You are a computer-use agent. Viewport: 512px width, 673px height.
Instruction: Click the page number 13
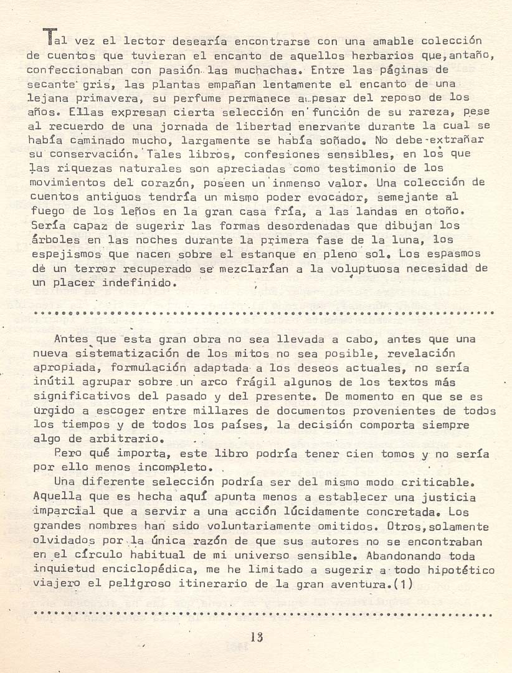(256, 637)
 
